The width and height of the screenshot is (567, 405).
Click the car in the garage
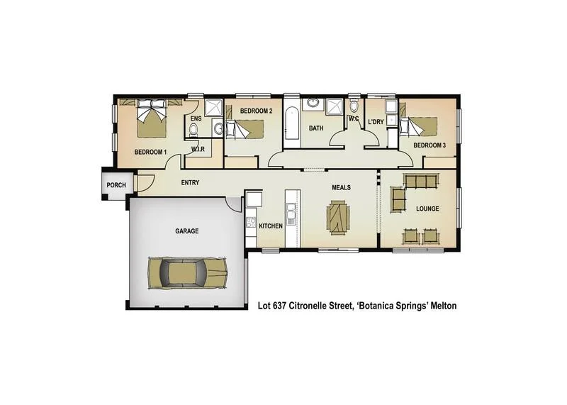tap(189, 272)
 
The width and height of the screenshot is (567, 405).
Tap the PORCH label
tap(116, 185)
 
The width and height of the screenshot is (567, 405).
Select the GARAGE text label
tap(186, 231)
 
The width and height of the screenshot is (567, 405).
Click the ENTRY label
tap(190, 183)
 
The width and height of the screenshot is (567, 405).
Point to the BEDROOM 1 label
tap(150, 152)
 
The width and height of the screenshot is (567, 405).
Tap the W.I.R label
tap(198, 150)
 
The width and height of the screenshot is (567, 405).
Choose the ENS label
tap(196, 118)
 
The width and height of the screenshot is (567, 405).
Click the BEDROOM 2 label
tap(256, 111)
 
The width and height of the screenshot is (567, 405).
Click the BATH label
tap(316, 128)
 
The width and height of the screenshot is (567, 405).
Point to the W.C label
tap(354, 118)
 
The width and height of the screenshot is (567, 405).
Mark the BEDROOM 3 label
tap(430, 145)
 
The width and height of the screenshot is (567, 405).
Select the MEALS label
tap(342, 188)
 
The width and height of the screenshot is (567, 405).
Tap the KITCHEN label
tap(270, 226)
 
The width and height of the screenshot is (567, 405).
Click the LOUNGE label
tap(427, 209)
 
